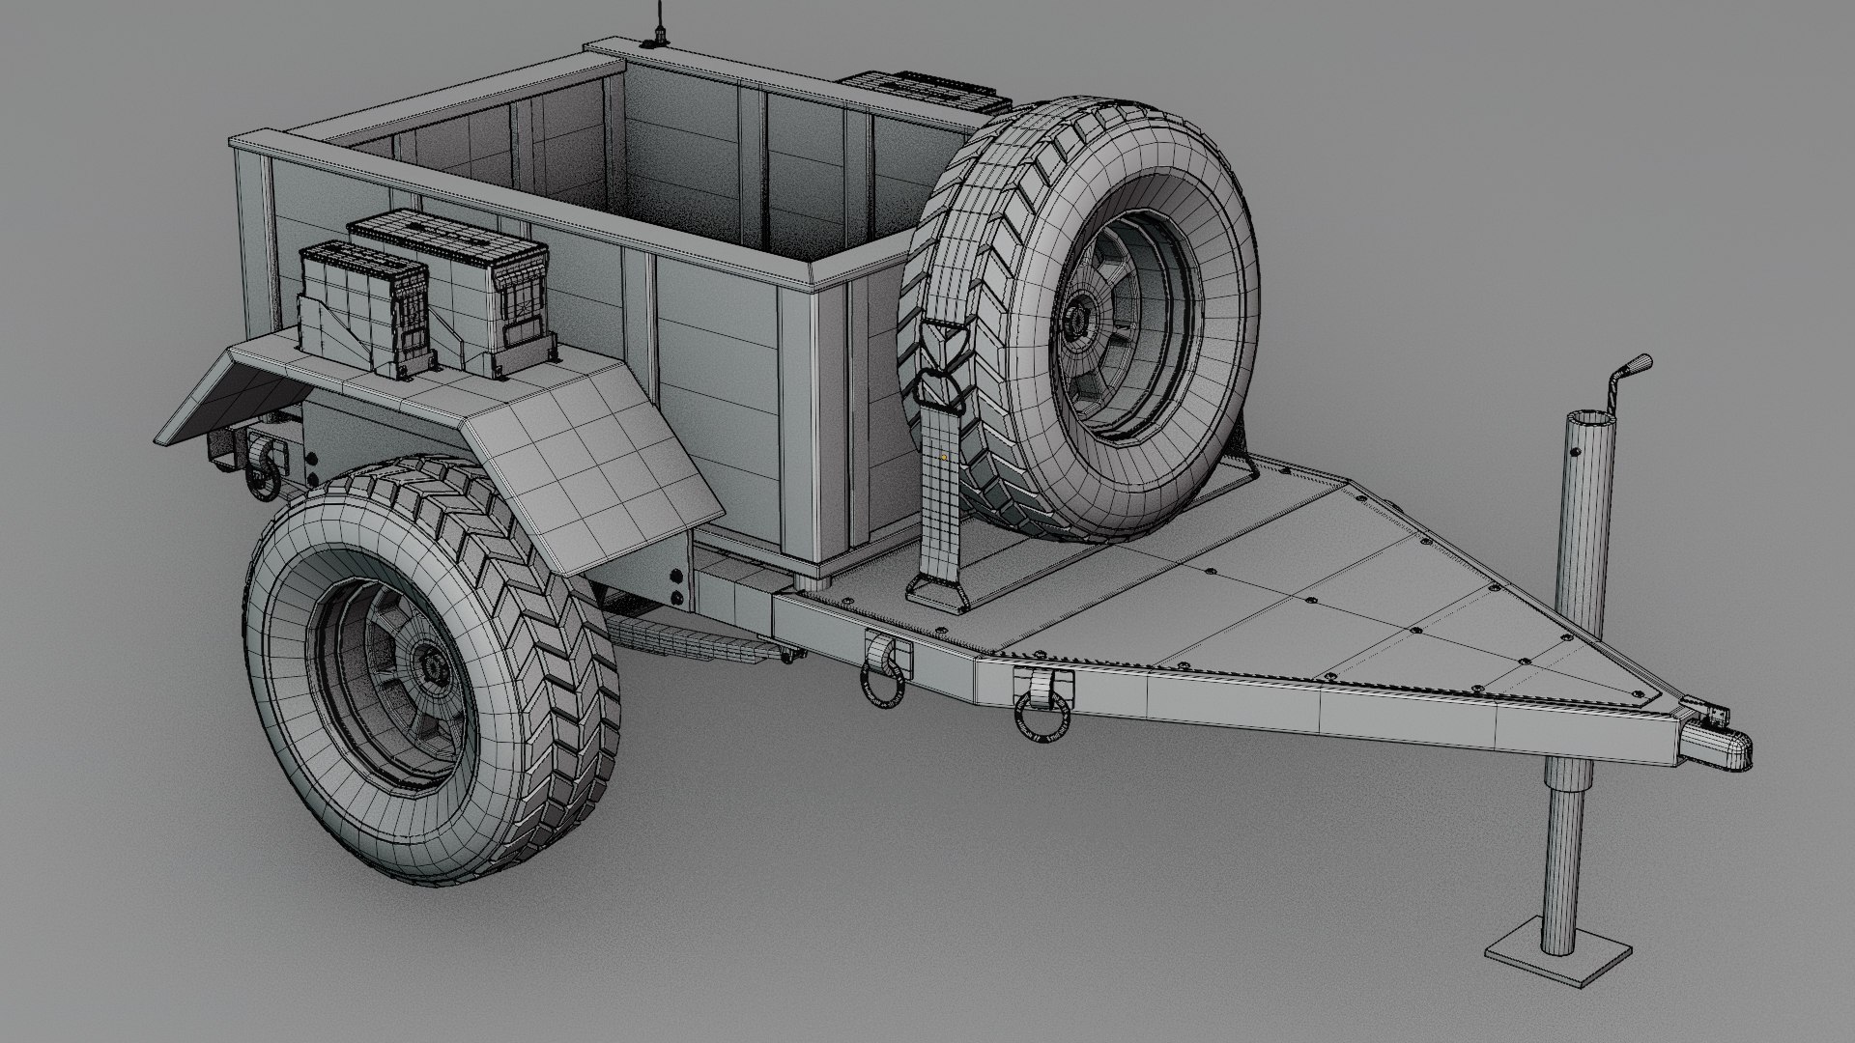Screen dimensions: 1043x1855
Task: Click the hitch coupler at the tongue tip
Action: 1720,745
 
